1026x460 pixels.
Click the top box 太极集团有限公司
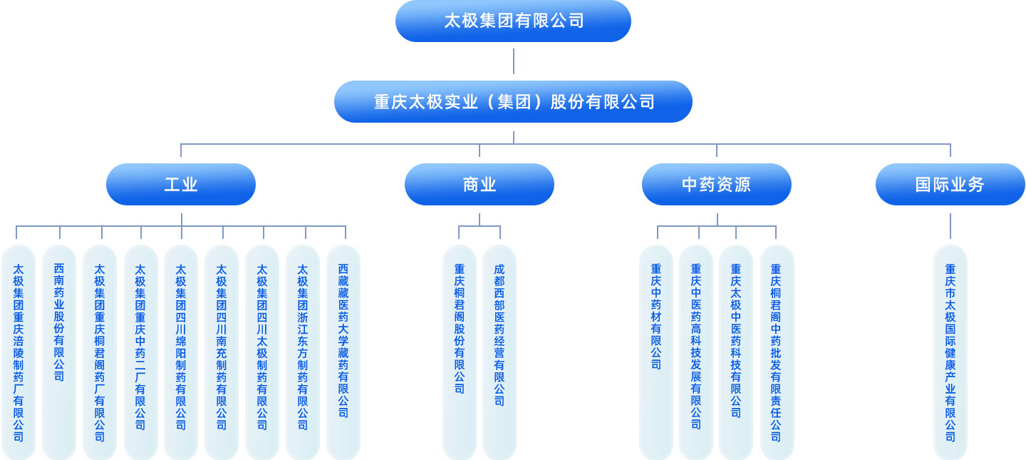click(513, 21)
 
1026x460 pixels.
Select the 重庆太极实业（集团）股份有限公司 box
click(513, 102)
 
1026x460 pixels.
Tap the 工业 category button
click(181, 185)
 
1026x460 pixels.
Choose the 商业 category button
click(479, 185)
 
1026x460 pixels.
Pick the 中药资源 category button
click(716, 185)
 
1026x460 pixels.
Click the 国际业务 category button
click(950, 185)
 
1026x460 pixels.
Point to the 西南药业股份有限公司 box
click(59, 352)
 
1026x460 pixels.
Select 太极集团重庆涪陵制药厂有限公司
click(19, 352)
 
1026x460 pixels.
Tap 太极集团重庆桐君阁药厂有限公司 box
click(100, 352)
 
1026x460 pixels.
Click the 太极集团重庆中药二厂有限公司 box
click(140, 352)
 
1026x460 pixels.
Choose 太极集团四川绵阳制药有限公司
click(181, 352)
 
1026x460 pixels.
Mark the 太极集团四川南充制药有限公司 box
click(222, 352)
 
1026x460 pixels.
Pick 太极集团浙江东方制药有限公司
click(303, 352)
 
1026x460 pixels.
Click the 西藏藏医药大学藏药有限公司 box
click(343, 352)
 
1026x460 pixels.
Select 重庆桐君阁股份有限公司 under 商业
click(460, 352)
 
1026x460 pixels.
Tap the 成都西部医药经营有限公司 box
click(499, 352)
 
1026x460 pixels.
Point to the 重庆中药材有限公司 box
click(656, 352)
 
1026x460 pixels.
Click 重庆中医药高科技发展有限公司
click(696, 352)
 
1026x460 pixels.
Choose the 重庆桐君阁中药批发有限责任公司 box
click(776, 352)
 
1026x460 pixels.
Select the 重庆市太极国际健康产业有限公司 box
click(950, 352)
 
